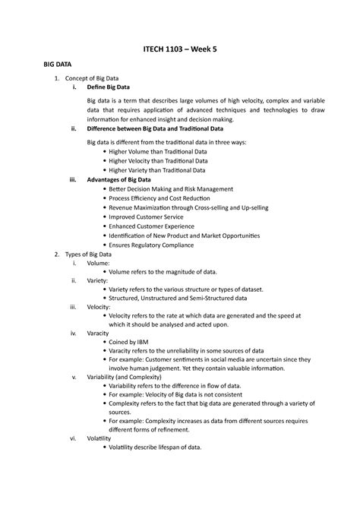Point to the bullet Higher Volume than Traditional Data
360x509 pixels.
pyautogui.click(x=158, y=151)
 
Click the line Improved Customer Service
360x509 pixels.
pyautogui.click(x=147, y=217)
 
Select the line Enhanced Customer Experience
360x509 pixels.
pyautogui.click(x=153, y=226)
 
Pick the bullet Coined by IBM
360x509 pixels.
pyautogui.click(x=134, y=343)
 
